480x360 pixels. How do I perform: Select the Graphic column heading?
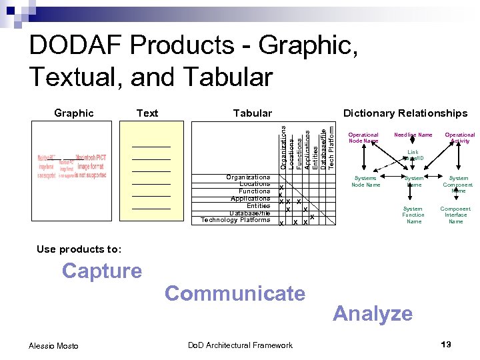(x=73, y=113)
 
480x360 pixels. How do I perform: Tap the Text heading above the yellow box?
(x=147, y=113)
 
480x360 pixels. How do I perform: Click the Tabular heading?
(x=252, y=113)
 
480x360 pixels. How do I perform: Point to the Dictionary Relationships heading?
(x=405, y=113)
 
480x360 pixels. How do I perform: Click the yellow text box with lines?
(x=151, y=173)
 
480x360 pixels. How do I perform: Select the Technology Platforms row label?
(x=235, y=220)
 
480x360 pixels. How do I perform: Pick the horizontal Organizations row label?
(x=248, y=177)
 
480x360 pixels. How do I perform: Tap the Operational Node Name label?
(x=363, y=137)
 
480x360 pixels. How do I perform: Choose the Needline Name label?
(x=413, y=135)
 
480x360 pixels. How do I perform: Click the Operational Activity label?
(x=460, y=137)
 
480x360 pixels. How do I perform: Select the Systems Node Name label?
(x=365, y=181)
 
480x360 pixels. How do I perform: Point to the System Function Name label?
(x=413, y=215)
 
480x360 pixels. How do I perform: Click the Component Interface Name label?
(x=456, y=215)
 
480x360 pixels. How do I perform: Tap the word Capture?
(x=102, y=271)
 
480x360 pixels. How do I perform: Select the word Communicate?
(x=235, y=293)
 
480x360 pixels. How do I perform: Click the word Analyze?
(x=373, y=313)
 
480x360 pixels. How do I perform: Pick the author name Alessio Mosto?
(x=53, y=345)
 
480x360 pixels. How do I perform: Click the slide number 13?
(x=446, y=344)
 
